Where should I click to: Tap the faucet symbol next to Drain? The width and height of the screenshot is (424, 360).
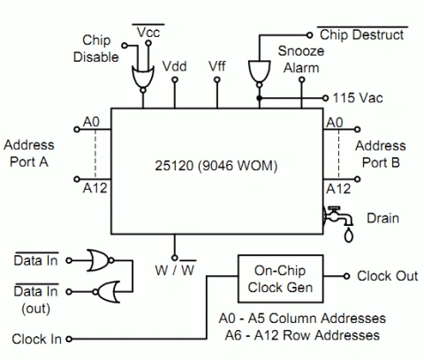(337, 216)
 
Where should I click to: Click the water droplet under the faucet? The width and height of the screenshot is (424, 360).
(349, 236)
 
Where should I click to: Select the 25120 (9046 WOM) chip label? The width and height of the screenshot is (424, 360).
(216, 166)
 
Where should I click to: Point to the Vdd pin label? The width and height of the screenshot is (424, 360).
(175, 66)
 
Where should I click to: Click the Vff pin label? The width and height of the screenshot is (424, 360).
(217, 66)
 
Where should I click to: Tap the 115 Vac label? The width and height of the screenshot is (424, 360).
(358, 98)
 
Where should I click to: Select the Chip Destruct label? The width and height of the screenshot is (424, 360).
(362, 34)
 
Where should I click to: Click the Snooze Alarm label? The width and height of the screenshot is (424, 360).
(301, 59)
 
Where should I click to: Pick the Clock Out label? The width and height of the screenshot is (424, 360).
(388, 276)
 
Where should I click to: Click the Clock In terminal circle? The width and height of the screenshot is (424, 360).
(69, 339)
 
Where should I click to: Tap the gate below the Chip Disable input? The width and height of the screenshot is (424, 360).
(143, 78)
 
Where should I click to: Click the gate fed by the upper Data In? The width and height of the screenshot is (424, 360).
(100, 260)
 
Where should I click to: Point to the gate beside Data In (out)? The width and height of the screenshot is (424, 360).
(107, 292)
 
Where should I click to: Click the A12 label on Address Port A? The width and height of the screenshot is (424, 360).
(95, 188)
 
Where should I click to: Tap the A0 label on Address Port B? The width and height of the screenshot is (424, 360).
(335, 123)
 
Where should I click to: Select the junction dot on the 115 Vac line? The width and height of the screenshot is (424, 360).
(259, 98)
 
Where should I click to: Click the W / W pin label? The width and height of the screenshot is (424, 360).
(175, 270)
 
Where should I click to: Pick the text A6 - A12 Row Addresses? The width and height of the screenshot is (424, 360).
(302, 335)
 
